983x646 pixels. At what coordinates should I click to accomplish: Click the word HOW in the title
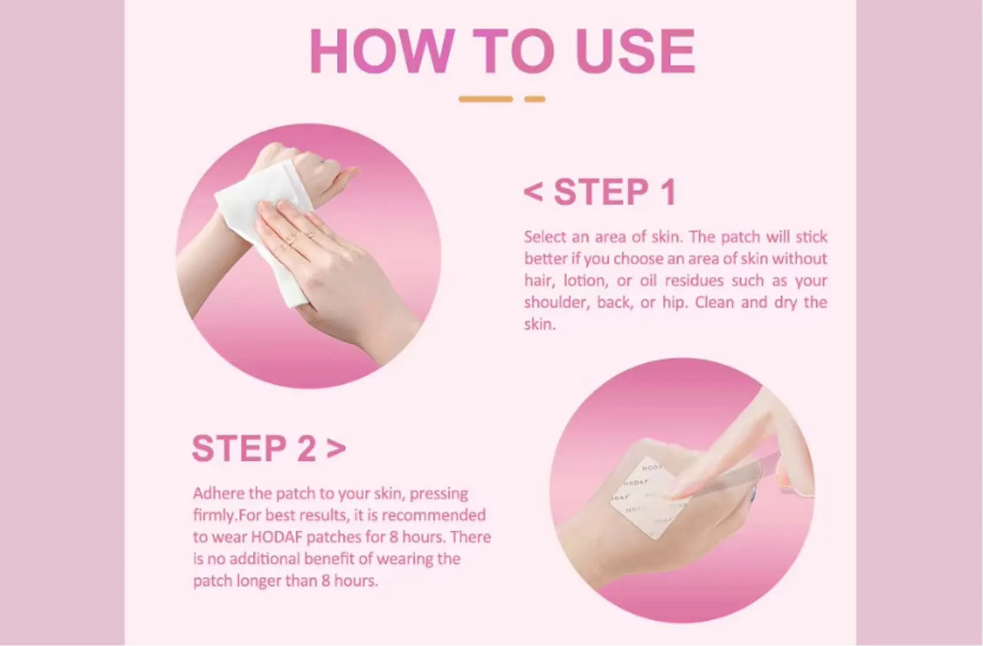(381, 51)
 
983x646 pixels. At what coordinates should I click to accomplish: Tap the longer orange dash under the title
(485, 99)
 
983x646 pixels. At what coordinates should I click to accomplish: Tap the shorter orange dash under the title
(534, 99)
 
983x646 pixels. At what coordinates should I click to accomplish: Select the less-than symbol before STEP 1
(534, 192)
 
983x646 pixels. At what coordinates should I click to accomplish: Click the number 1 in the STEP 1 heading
(668, 192)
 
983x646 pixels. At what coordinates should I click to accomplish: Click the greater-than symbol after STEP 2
(336, 448)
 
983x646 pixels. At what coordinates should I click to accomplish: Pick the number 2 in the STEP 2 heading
(306, 448)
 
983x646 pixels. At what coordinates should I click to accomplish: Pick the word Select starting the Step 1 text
(545, 237)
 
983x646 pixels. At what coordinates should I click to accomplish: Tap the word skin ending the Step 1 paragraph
(538, 325)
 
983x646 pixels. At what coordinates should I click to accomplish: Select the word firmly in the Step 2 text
(214, 515)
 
